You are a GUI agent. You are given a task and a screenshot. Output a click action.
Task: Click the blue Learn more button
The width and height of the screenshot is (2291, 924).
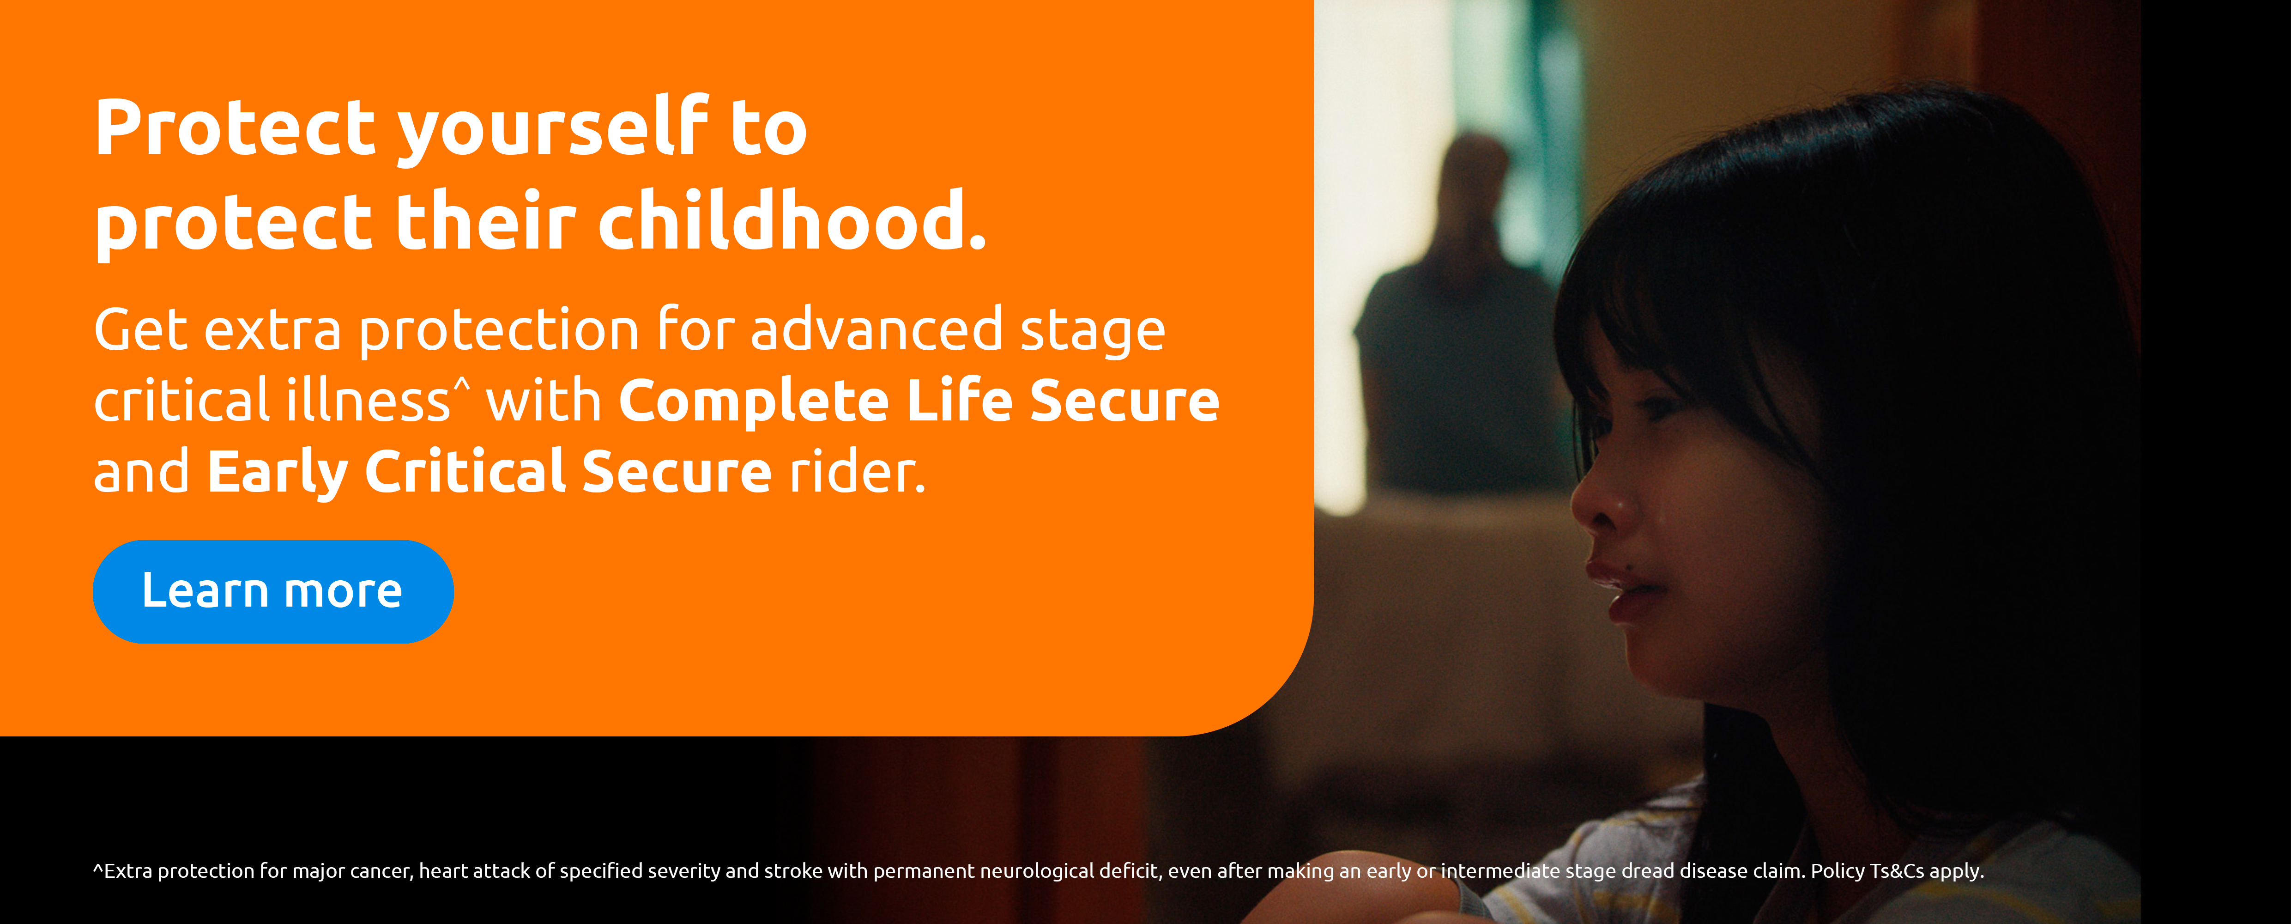point(273,591)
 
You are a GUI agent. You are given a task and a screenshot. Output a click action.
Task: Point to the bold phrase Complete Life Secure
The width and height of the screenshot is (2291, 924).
point(919,400)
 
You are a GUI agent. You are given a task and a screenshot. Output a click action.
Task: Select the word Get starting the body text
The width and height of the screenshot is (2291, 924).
point(141,330)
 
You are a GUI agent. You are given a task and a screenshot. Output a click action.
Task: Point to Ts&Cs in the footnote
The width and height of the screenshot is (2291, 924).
point(1897,871)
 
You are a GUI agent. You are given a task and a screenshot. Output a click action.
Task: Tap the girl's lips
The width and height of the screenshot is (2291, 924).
point(1623,589)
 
